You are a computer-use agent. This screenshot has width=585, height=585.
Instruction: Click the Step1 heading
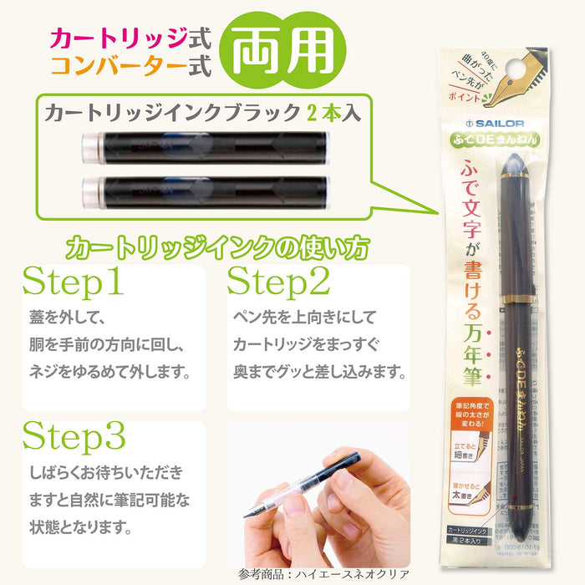coord(74,283)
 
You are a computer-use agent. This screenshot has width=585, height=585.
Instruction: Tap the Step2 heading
coord(279,283)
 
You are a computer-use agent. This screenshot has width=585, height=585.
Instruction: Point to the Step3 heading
coord(74,437)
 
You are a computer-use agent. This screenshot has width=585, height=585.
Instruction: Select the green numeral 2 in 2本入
coord(319,112)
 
